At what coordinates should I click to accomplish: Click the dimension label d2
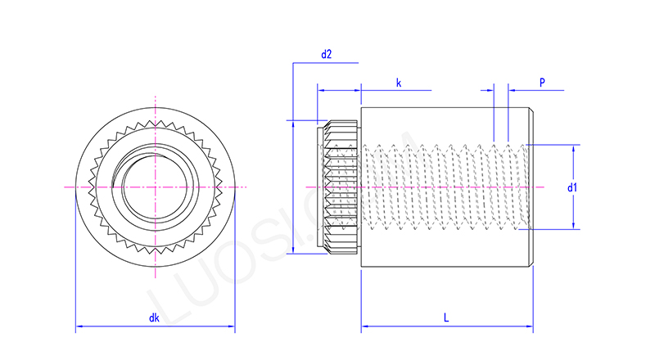pos(326,54)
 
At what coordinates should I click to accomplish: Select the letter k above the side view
pos(398,83)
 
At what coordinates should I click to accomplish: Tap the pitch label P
pos(542,83)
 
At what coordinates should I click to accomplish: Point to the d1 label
pos(573,187)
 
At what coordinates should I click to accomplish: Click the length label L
pos(445,317)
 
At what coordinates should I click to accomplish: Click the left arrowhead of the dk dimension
pos(79,327)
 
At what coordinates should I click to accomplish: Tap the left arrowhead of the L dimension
pos(364,327)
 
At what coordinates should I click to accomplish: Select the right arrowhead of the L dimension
pos(530,327)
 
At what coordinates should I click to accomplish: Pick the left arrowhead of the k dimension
pos(320,90)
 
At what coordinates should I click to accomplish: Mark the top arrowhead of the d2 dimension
pos(292,124)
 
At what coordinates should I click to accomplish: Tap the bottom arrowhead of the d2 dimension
pos(292,251)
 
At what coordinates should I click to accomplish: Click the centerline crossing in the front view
pos(155,187)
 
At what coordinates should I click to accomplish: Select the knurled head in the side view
pos(338,187)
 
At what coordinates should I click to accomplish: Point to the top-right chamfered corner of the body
pos(532,110)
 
